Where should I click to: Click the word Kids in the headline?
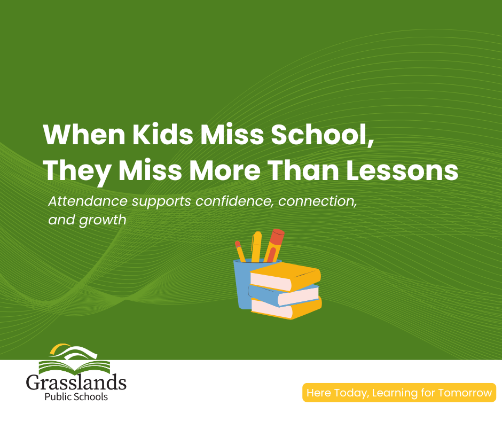point(163,135)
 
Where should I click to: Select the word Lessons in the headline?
point(402,170)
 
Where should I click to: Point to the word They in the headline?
point(77,172)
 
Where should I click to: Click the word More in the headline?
point(225,170)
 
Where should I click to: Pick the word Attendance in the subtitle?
point(88,201)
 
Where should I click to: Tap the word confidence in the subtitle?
point(234,201)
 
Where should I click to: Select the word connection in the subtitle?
point(317,201)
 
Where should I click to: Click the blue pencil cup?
point(242,285)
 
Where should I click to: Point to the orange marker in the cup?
point(274,245)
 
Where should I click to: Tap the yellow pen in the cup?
point(256,247)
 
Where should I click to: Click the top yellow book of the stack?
point(285,277)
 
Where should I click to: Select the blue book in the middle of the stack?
point(284,295)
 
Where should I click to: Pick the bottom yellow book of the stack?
point(286,308)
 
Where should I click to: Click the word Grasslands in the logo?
point(76,382)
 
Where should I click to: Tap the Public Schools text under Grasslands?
point(76,397)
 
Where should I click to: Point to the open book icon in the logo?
point(74,367)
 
